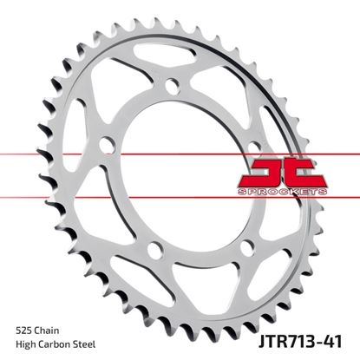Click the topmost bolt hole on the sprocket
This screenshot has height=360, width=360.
click(172, 86)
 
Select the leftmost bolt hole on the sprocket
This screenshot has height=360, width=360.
click(107, 143)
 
